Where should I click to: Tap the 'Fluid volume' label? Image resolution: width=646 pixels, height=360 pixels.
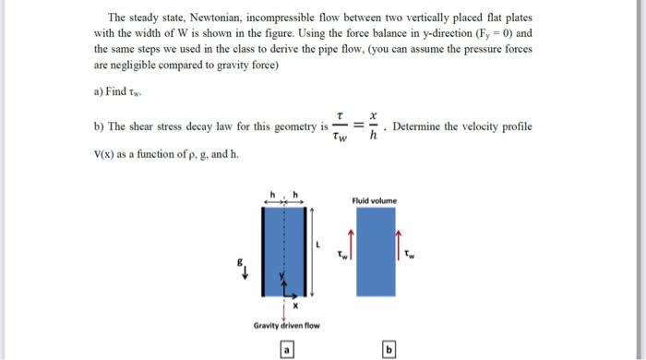tap(374, 199)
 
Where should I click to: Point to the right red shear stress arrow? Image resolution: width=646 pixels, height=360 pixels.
tap(400, 242)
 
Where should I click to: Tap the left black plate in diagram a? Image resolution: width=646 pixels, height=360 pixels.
tap(265, 249)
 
